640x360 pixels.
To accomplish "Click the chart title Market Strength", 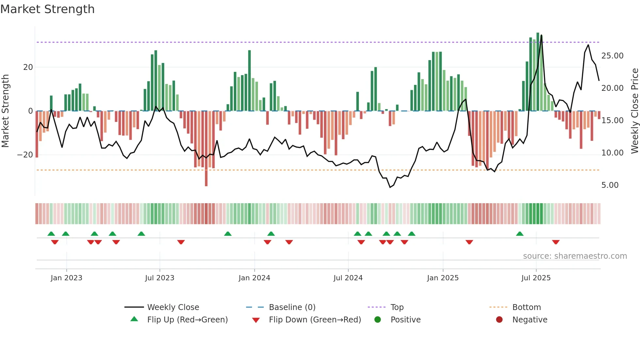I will click(x=47, y=9).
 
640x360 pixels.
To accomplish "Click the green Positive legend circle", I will click(x=378, y=319).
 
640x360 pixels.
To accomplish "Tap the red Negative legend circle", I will click(x=499, y=319).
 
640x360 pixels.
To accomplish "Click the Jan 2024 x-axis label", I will click(x=254, y=278).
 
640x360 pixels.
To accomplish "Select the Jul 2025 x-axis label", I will click(x=536, y=278).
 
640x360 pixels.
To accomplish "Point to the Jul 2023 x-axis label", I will click(x=160, y=278).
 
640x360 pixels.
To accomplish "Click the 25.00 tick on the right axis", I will click(x=612, y=56).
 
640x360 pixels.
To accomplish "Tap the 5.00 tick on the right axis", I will click(x=610, y=185).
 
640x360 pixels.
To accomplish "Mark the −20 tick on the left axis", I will click(x=25, y=155).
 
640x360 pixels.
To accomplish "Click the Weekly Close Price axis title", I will click(x=634, y=111).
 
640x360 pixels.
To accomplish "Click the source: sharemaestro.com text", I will click(x=575, y=256).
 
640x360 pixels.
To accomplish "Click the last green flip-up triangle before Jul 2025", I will click(x=520, y=234).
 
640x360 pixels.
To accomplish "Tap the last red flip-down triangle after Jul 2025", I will click(x=556, y=242).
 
